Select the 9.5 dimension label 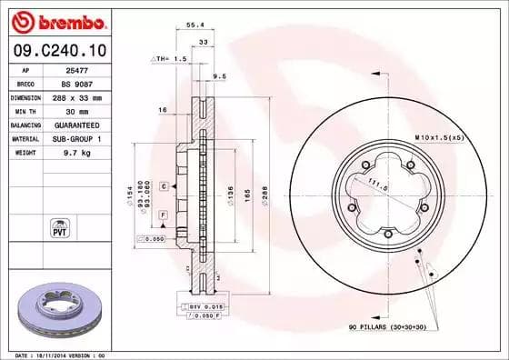pos(218,76)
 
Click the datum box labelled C pos(163,185)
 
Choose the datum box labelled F pos(163,213)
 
